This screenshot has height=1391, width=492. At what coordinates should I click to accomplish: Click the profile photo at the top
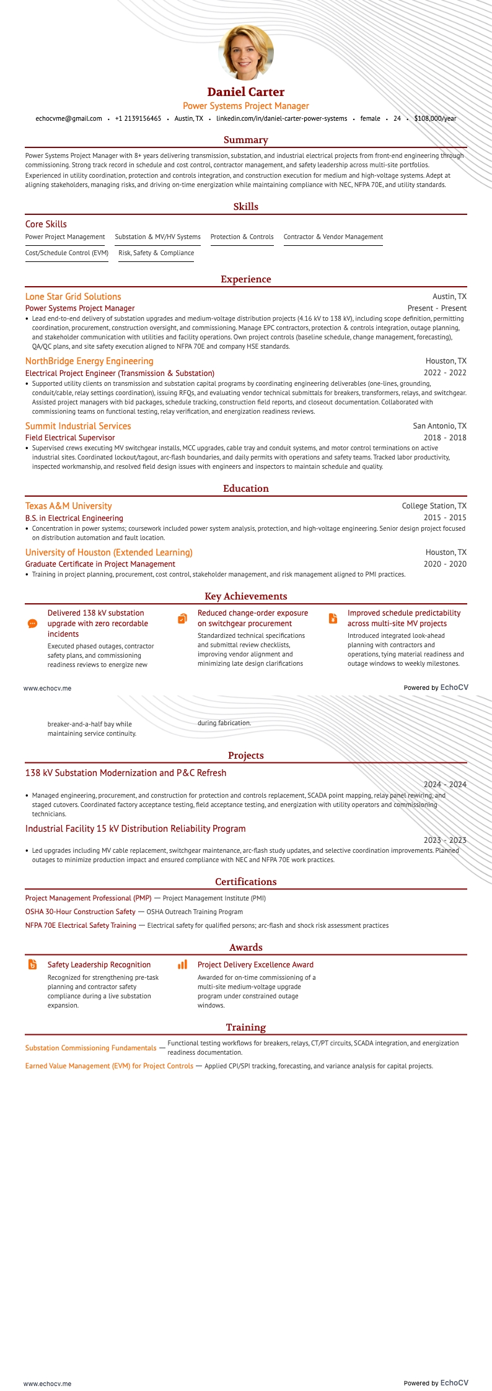246,53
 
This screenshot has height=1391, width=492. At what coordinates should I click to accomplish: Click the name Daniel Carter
246,92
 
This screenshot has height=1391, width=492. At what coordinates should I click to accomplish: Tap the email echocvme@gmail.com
69,118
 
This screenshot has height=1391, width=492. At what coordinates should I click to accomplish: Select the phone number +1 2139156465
138,118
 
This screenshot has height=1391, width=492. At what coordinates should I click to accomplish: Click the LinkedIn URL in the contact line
281,118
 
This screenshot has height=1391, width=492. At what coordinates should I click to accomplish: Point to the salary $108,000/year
435,118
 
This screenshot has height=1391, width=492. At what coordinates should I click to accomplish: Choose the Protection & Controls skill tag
242,237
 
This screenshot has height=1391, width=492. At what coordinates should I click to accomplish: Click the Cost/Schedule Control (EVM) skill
67,253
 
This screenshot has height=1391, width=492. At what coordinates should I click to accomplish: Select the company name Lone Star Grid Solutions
73,297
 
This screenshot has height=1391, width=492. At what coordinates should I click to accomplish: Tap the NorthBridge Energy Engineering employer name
89,361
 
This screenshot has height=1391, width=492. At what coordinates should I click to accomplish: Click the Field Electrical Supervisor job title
70,438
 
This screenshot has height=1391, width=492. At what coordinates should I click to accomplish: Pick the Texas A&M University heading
69,506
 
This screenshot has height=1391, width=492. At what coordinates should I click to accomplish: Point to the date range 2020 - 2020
445,564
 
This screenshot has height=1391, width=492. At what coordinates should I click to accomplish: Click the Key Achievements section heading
246,596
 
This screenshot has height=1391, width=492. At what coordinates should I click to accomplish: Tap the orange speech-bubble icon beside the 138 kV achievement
33,624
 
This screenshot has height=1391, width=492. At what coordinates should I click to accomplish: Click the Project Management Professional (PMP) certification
89,898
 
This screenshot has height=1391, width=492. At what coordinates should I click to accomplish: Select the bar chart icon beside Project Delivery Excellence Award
182,964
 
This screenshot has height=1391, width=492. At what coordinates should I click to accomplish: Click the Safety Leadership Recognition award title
99,965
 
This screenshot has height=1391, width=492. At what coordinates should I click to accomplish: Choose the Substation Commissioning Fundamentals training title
90,1048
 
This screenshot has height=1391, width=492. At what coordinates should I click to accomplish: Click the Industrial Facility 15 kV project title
136,829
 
